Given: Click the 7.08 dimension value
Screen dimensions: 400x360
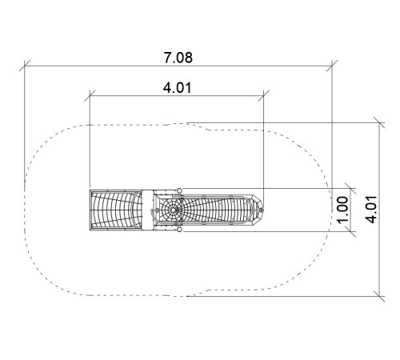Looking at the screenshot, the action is pos(178,58).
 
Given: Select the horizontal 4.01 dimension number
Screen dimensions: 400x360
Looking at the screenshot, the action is pos(178,88).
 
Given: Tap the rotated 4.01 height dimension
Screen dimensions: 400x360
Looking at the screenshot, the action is pos(371,210).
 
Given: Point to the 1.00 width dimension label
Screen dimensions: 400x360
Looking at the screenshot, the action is pos(342,210).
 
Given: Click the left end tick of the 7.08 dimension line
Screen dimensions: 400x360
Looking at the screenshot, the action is pos(25,66).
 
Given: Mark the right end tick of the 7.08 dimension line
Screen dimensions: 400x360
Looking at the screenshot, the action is pos(332,66).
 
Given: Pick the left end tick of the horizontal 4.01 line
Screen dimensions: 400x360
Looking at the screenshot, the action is pos(90,96).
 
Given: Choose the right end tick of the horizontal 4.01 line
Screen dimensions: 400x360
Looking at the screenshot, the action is pos(263,96).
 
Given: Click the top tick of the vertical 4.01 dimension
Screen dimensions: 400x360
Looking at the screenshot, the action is pos(379,122).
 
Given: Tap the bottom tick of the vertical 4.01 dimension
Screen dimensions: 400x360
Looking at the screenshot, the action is pos(379,296).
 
